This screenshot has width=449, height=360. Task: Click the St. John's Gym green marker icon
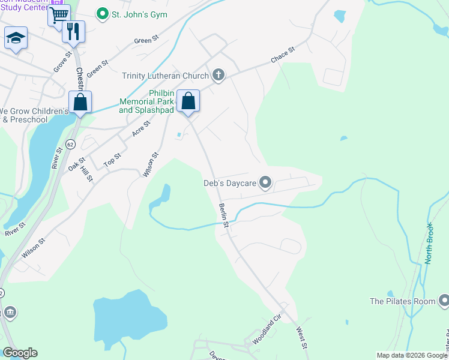[x=103, y=14]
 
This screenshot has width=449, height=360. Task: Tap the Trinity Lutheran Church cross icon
[x=218, y=75]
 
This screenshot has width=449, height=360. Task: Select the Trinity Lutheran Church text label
[x=165, y=76]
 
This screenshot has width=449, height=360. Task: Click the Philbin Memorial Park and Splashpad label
[x=146, y=101]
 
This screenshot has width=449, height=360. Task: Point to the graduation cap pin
[x=16, y=39]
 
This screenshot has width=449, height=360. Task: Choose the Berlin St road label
[x=224, y=215]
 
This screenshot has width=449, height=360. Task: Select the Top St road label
[x=112, y=159]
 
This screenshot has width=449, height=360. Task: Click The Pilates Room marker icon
[x=444, y=301]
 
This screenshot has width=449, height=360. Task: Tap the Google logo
[x=20, y=353]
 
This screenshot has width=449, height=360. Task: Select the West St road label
[x=303, y=338]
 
